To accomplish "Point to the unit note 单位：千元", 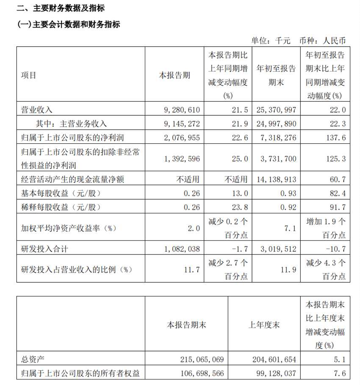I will (271, 41).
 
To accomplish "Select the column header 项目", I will (29, 75).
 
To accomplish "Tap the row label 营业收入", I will (37, 109).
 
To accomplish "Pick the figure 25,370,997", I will (276, 109).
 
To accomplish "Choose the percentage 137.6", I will (336, 138).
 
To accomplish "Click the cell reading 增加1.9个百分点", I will (325, 228).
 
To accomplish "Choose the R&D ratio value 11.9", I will (289, 269).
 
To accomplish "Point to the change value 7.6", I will (340, 374).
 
